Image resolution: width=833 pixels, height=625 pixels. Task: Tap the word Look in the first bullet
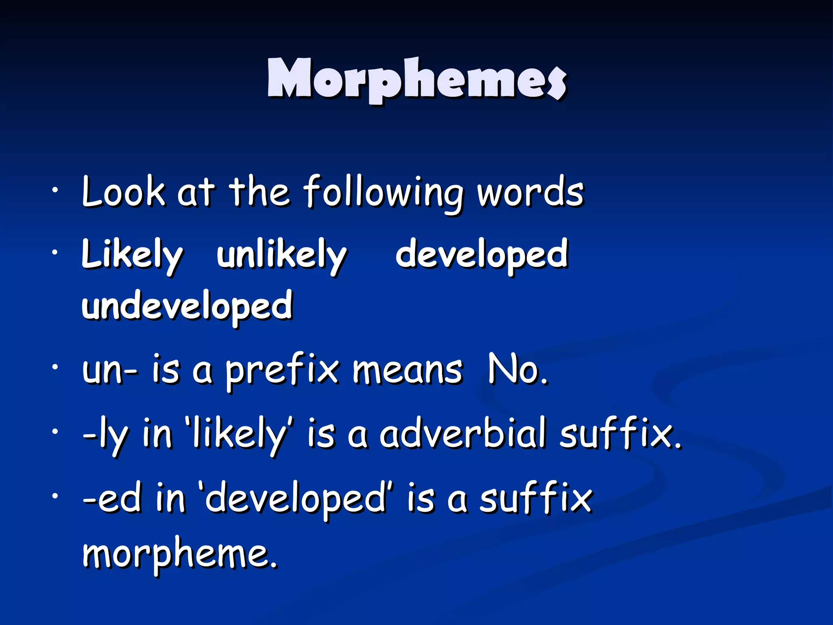click(123, 191)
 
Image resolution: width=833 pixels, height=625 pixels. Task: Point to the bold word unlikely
click(281, 255)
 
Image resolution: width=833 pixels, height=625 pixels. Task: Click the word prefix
click(282, 371)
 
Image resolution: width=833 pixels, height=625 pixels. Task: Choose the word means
click(407, 370)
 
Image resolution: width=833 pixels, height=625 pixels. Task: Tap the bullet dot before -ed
click(55, 496)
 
